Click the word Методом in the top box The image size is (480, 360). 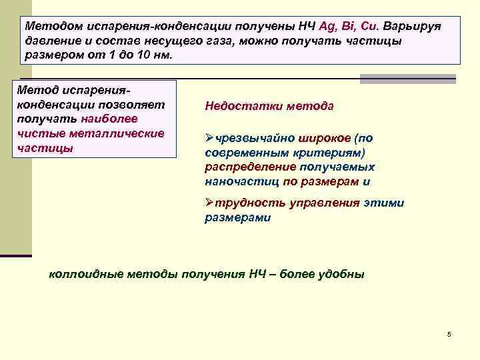(x=51, y=25)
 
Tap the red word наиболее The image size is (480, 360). (x=109, y=119)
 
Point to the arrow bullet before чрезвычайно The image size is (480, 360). (x=209, y=139)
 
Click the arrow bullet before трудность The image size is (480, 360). (x=209, y=203)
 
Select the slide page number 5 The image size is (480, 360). (x=449, y=333)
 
